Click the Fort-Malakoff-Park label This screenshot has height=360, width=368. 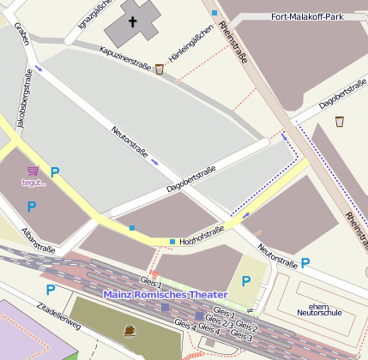(x=306, y=16)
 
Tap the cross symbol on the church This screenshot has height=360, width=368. (x=133, y=21)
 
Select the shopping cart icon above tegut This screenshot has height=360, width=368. (x=33, y=170)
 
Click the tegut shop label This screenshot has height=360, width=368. (x=33, y=182)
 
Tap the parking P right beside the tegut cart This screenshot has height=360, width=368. (x=55, y=172)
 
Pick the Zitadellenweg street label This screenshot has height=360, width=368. (x=58, y=318)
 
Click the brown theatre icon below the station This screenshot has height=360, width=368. (x=130, y=329)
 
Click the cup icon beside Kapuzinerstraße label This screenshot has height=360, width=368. (x=160, y=69)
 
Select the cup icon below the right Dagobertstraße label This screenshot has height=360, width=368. (x=339, y=121)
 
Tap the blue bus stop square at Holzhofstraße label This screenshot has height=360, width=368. (x=172, y=242)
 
